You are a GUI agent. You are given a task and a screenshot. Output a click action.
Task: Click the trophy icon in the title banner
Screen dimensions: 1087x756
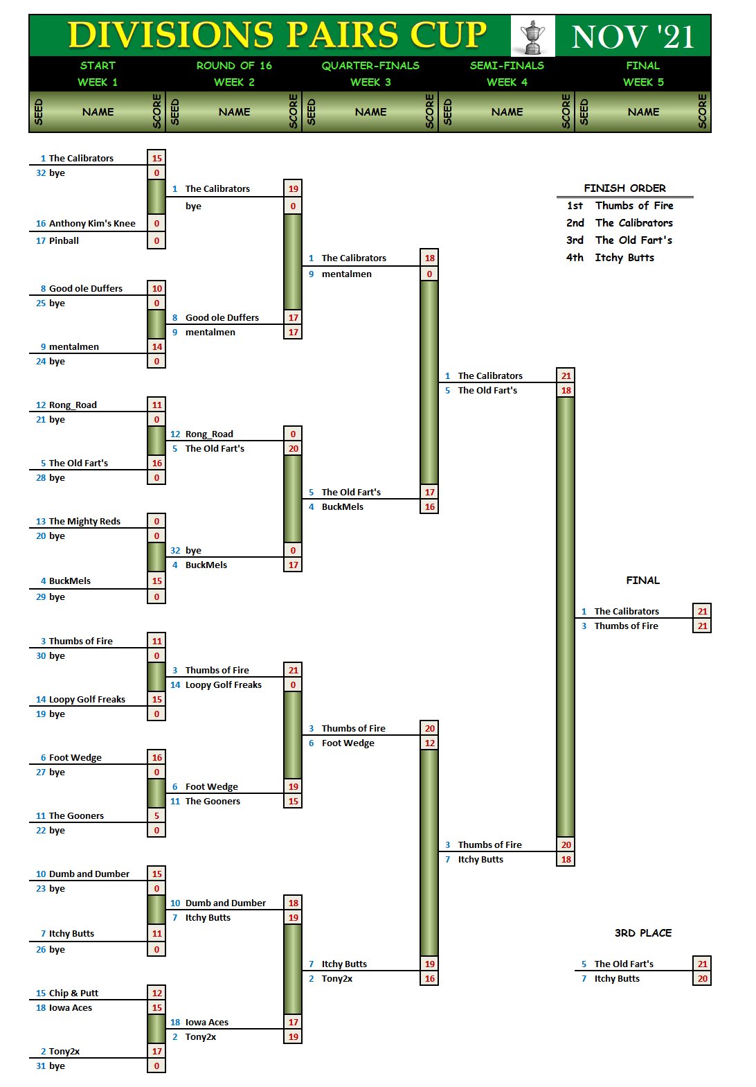tap(532, 37)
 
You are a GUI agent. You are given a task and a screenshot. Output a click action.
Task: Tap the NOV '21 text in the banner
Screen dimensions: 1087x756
tap(633, 37)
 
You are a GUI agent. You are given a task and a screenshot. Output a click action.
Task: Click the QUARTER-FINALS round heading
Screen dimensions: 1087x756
tap(370, 66)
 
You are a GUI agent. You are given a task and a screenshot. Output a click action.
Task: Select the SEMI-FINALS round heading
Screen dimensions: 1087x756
tap(507, 66)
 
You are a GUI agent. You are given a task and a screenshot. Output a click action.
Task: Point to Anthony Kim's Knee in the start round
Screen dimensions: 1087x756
tap(92, 224)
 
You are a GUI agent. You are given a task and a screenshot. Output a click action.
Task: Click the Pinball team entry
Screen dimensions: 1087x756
tap(64, 241)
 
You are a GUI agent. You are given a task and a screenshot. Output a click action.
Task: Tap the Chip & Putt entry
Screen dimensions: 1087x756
tap(73, 993)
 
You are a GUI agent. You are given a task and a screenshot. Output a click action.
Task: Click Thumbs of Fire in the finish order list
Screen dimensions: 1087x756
tap(634, 206)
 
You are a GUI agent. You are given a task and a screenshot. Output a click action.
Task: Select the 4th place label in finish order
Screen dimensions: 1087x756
tap(575, 258)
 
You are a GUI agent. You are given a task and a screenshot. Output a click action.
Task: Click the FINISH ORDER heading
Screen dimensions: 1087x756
tap(624, 188)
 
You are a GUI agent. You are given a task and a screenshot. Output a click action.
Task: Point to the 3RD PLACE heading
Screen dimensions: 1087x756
tap(642, 933)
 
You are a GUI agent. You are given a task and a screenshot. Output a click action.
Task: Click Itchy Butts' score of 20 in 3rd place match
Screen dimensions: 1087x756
tap(702, 979)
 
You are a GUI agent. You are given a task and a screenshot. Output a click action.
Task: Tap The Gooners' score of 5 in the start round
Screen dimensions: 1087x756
tap(156, 816)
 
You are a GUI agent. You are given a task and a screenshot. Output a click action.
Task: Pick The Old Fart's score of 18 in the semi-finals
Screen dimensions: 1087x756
tap(566, 391)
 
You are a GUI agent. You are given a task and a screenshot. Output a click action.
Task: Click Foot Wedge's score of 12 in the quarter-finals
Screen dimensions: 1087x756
tap(429, 743)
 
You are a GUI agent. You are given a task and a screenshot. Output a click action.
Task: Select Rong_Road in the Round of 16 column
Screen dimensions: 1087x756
tap(209, 434)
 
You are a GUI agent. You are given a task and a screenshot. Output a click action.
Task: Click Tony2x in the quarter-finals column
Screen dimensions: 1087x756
tap(337, 979)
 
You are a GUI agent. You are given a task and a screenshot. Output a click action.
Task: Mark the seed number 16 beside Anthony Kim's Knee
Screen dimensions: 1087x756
tap(41, 224)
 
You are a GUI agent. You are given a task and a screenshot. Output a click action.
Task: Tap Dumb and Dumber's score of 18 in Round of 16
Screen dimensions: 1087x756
tap(293, 903)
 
